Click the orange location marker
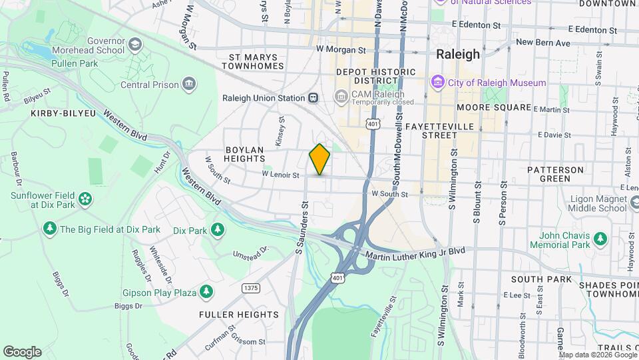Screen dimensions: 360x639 319,159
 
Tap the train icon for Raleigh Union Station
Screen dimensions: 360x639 312,98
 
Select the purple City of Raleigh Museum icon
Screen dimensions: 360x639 437,83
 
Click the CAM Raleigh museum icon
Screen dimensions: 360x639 341,98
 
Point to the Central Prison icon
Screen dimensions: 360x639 189,85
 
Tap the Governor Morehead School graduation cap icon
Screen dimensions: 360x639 135,45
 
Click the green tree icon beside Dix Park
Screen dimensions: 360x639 217,230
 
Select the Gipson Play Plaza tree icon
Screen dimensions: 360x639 206,292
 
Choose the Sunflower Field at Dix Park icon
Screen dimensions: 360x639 85,199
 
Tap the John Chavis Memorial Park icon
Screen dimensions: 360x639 600,238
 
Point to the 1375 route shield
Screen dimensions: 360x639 251,288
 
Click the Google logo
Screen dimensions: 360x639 22,351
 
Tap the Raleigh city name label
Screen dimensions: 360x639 457,55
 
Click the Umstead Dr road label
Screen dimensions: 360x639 250,253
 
